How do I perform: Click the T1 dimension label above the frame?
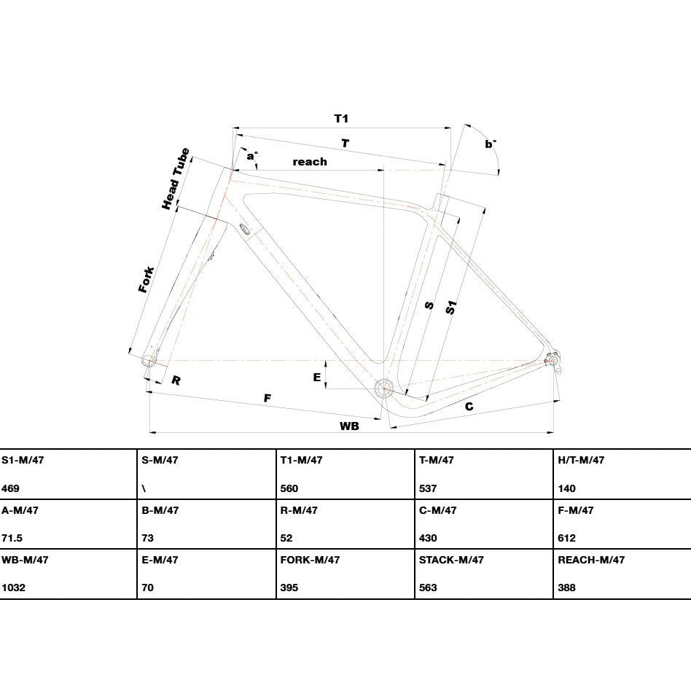coord(341,119)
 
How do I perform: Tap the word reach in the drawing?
coord(310,162)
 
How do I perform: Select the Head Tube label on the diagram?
coord(176,179)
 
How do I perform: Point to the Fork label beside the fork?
coord(146,279)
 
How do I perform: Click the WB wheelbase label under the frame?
coord(349,426)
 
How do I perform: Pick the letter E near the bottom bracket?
coord(317,378)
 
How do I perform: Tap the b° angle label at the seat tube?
coord(491,144)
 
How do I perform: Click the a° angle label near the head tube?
coord(252,156)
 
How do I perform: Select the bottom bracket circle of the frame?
coord(384,389)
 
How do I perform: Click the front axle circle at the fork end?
coord(149,361)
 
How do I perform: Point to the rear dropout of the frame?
coord(553,360)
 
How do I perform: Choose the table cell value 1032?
coord(13,587)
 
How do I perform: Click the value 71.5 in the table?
coord(12,538)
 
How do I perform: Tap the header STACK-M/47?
coord(451,560)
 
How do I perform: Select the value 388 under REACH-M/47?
coord(566,587)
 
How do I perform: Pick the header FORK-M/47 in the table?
coord(310,560)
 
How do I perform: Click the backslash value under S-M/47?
coord(144,488)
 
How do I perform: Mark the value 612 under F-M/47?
coord(566,538)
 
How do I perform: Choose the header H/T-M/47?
coord(581,460)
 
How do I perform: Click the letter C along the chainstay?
coord(469,406)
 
